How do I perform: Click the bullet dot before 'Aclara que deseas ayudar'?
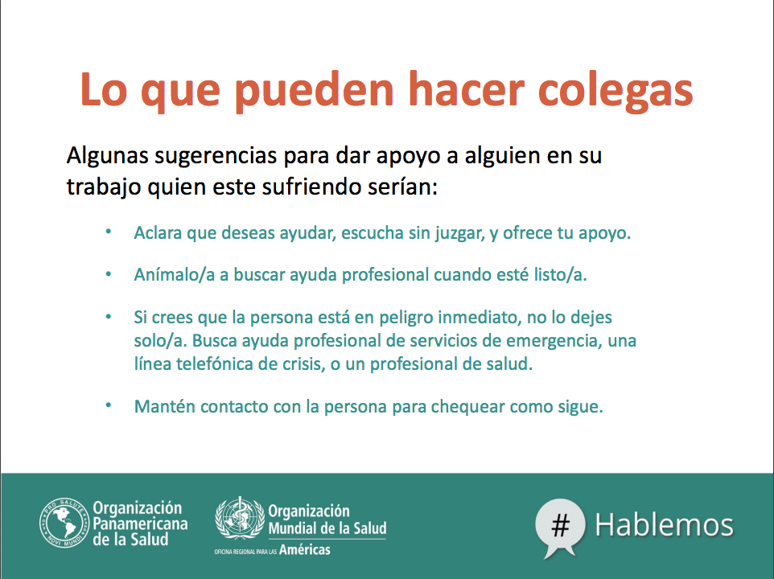point(109,232)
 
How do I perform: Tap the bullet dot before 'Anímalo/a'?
point(109,273)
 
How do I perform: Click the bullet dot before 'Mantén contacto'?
point(109,405)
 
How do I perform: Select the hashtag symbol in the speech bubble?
point(561,525)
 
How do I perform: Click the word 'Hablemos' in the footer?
point(664,525)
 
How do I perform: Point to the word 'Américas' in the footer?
point(305,549)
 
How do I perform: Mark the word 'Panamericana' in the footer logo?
point(140,524)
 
